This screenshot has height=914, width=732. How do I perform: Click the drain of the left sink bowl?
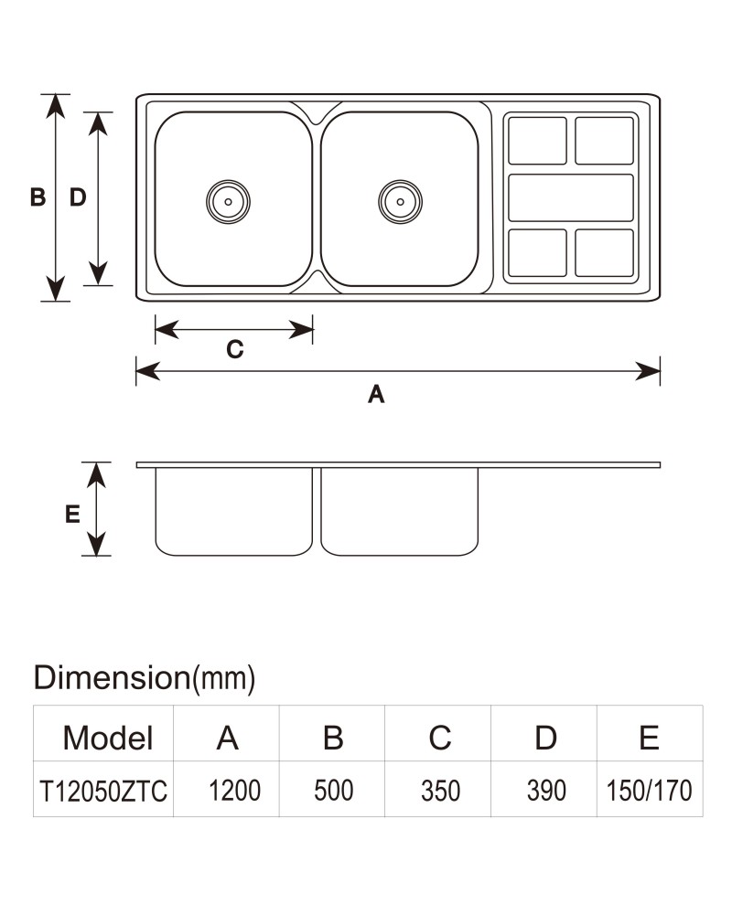click(x=228, y=202)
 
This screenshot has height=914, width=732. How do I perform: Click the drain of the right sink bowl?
click(x=401, y=202)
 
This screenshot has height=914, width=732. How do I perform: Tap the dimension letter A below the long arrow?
click(x=376, y=395)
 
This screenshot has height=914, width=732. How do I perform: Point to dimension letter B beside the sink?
click(x=38, y=197)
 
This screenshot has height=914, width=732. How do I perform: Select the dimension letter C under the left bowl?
click(x=234, y=349)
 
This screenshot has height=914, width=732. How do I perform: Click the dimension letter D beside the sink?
click(x=78, y=197)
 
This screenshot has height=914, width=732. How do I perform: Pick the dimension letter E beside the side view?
click(x=72, y=514)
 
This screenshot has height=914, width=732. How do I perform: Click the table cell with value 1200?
click(x=234, y=791)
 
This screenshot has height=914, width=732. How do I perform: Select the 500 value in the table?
click(x=333, y=791)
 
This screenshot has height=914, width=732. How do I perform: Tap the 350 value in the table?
click(x=440, y=791)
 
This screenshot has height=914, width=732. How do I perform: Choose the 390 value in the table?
click(x=546, y=791)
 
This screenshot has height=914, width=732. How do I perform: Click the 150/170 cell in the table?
click(x=649, y=791)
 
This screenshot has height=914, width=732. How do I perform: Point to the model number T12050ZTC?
click(x=103, y=792)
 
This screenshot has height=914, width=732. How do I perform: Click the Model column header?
click(x=108, y=738)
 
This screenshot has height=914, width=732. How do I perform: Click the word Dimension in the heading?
click(x=112, y=677)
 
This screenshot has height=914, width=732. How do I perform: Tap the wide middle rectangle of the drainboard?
click(x=571, y=197)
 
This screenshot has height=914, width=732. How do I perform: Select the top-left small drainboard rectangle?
click(x=537, y=141)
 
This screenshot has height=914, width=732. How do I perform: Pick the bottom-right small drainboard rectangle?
click(x=604, y=252)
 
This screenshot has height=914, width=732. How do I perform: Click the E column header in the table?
click(x=649, y=738)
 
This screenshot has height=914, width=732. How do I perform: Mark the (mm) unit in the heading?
click(x=224, y=678)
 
